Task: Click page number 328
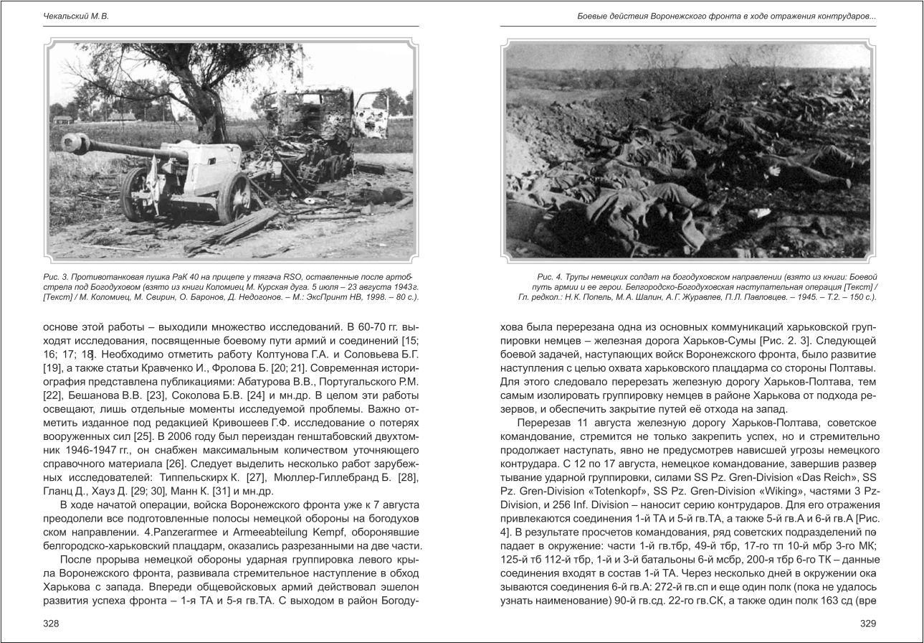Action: [51, 624]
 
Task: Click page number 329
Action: [868, 624]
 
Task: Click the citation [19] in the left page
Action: [52, 368]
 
